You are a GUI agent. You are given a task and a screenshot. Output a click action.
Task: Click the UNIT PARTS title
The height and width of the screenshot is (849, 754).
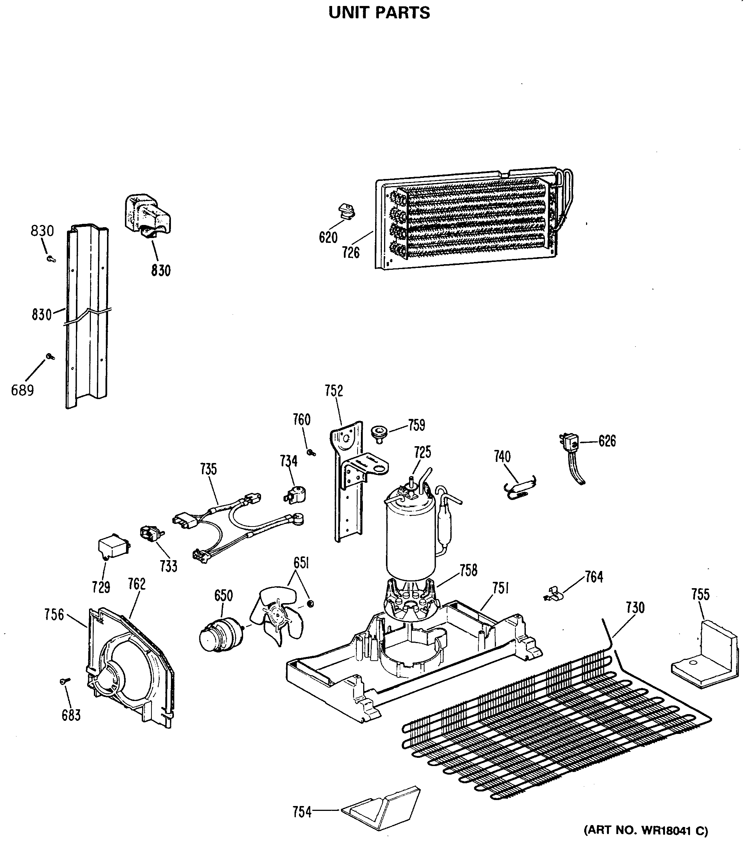379,13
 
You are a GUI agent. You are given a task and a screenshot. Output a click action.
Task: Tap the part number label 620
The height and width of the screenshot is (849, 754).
328,238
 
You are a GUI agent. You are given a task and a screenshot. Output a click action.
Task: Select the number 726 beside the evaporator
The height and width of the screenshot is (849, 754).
351,252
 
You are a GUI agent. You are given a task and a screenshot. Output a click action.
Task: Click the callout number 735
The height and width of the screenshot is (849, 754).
208,469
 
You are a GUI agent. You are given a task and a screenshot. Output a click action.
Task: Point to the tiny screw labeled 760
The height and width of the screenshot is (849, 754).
310,452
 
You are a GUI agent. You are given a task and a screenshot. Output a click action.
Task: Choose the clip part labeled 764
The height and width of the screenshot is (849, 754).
554,595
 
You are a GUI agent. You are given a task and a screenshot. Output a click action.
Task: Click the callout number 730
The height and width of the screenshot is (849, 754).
635,608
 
